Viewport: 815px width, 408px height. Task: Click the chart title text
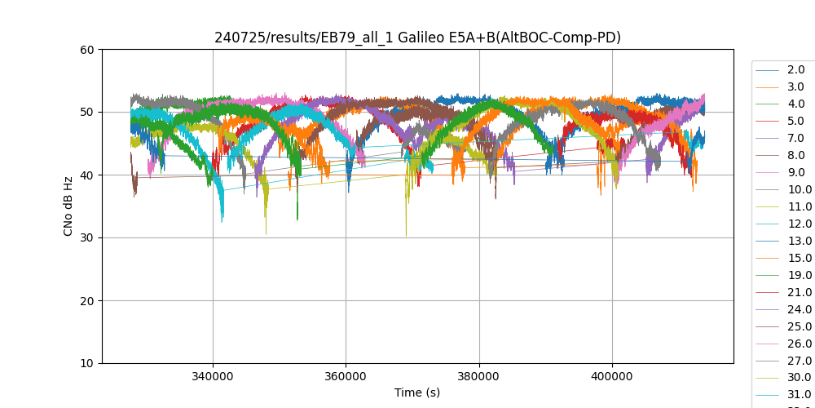[x=417, y=38]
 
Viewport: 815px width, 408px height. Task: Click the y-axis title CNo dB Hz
[x=68, y=206]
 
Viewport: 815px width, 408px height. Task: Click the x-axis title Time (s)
[x=417, y=392]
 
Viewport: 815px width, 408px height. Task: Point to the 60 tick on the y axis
[x=87, y=50]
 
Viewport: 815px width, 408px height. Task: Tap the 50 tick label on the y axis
[x=87, y=113]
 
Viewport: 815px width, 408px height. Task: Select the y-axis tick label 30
[x=87, y=238]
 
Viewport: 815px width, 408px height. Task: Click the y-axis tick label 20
[x=87, y=301]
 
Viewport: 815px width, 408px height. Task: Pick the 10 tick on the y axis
[x=87, y=364]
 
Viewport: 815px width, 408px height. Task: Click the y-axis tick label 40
[x=87, y=175]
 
